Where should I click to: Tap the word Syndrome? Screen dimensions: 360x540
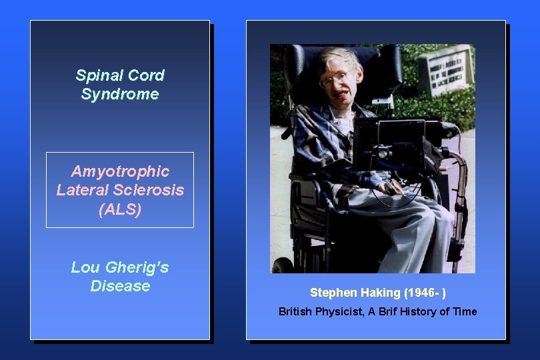[120, 94]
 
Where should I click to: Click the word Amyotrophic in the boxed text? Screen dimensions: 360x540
[120, 171]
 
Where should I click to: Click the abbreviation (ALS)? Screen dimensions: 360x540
[120, 209]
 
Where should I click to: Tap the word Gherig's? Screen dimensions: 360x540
[137, 267]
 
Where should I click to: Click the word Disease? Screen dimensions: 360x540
[120, 286]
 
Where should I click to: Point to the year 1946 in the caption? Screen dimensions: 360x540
[419, 293]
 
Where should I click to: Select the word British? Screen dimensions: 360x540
[295, 311]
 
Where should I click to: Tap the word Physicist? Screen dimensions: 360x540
[340, 311]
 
